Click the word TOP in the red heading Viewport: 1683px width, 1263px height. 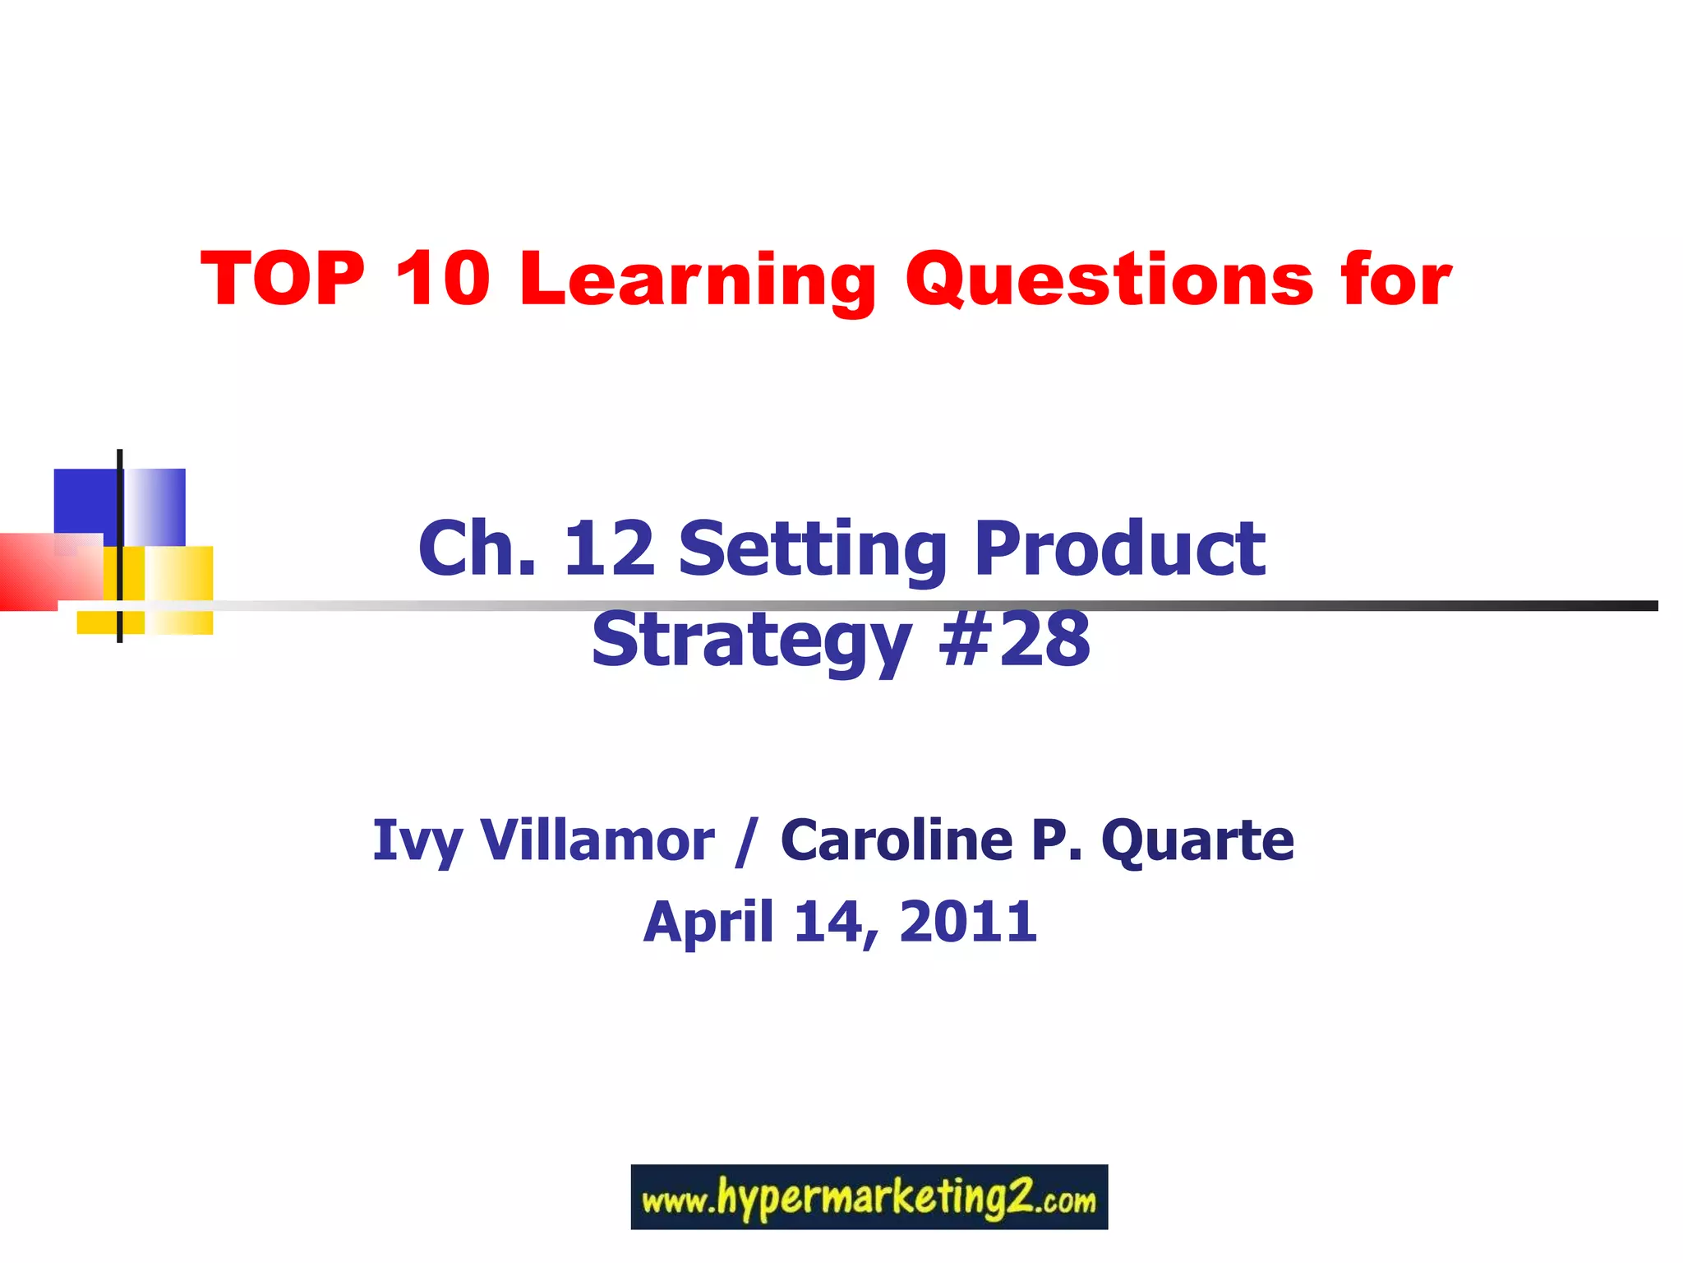[x=282, y=279]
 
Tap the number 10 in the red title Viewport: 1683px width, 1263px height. [x=442, y=279]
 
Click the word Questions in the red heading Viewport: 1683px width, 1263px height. [x=1109, y=280]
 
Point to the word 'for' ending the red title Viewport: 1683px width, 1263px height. [x=1396, y=279]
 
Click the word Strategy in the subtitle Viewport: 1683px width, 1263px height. [x=751, y=642]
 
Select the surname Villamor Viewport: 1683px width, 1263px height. [x=597, y=840]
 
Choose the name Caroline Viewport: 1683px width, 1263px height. [x=896, y=840]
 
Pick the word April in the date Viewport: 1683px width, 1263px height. [x=708, y=923]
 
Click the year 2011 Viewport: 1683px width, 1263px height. [x=967, y=921]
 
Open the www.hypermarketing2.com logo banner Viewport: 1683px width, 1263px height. [x=869, y=1197]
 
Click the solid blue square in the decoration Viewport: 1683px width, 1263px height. [x=84, y=501]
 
